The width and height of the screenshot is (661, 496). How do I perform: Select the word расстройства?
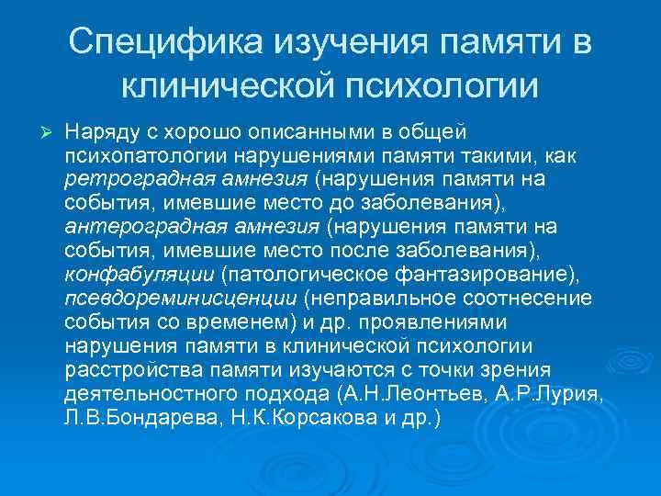pyautogui.click(x=126, y=370)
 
